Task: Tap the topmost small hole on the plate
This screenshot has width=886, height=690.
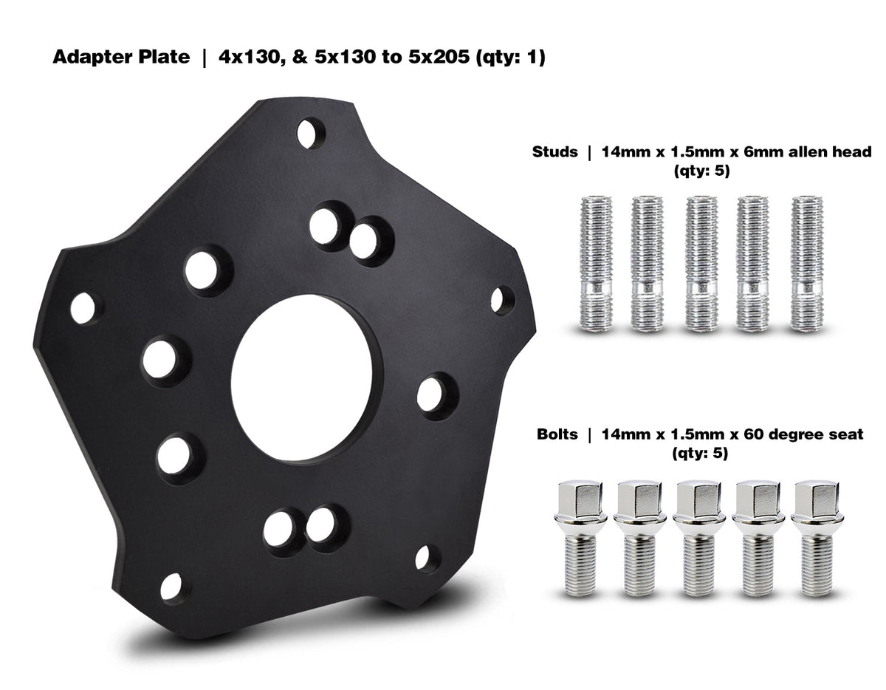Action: [311, 134]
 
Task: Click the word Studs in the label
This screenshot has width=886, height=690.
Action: [555, 153]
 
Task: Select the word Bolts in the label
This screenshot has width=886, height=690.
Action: [557, 434]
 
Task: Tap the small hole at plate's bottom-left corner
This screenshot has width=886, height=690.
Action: [170, 587]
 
